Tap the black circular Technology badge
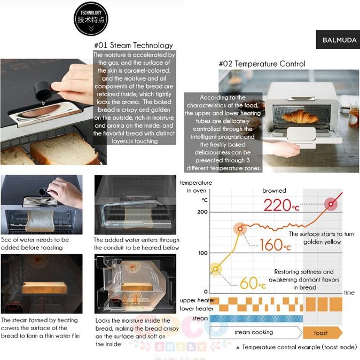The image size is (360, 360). (91, 19)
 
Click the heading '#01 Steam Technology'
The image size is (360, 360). (134, 45)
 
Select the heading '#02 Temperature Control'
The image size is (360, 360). (262, 64)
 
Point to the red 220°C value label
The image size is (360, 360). (281, 205)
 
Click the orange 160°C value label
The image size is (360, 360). (275, 245)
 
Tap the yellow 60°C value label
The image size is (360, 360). (253, 283)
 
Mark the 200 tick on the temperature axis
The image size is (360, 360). (202, 212)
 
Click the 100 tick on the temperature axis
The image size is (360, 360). (203, 253)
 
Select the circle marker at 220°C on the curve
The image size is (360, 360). (331, 204)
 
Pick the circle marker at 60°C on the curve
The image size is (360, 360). (215, 269)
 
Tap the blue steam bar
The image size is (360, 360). (256, 319)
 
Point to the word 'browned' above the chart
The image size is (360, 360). (274, 191)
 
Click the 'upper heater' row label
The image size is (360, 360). (197, 300)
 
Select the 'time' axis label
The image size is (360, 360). (349, 293)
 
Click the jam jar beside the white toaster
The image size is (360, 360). (354, 118)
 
